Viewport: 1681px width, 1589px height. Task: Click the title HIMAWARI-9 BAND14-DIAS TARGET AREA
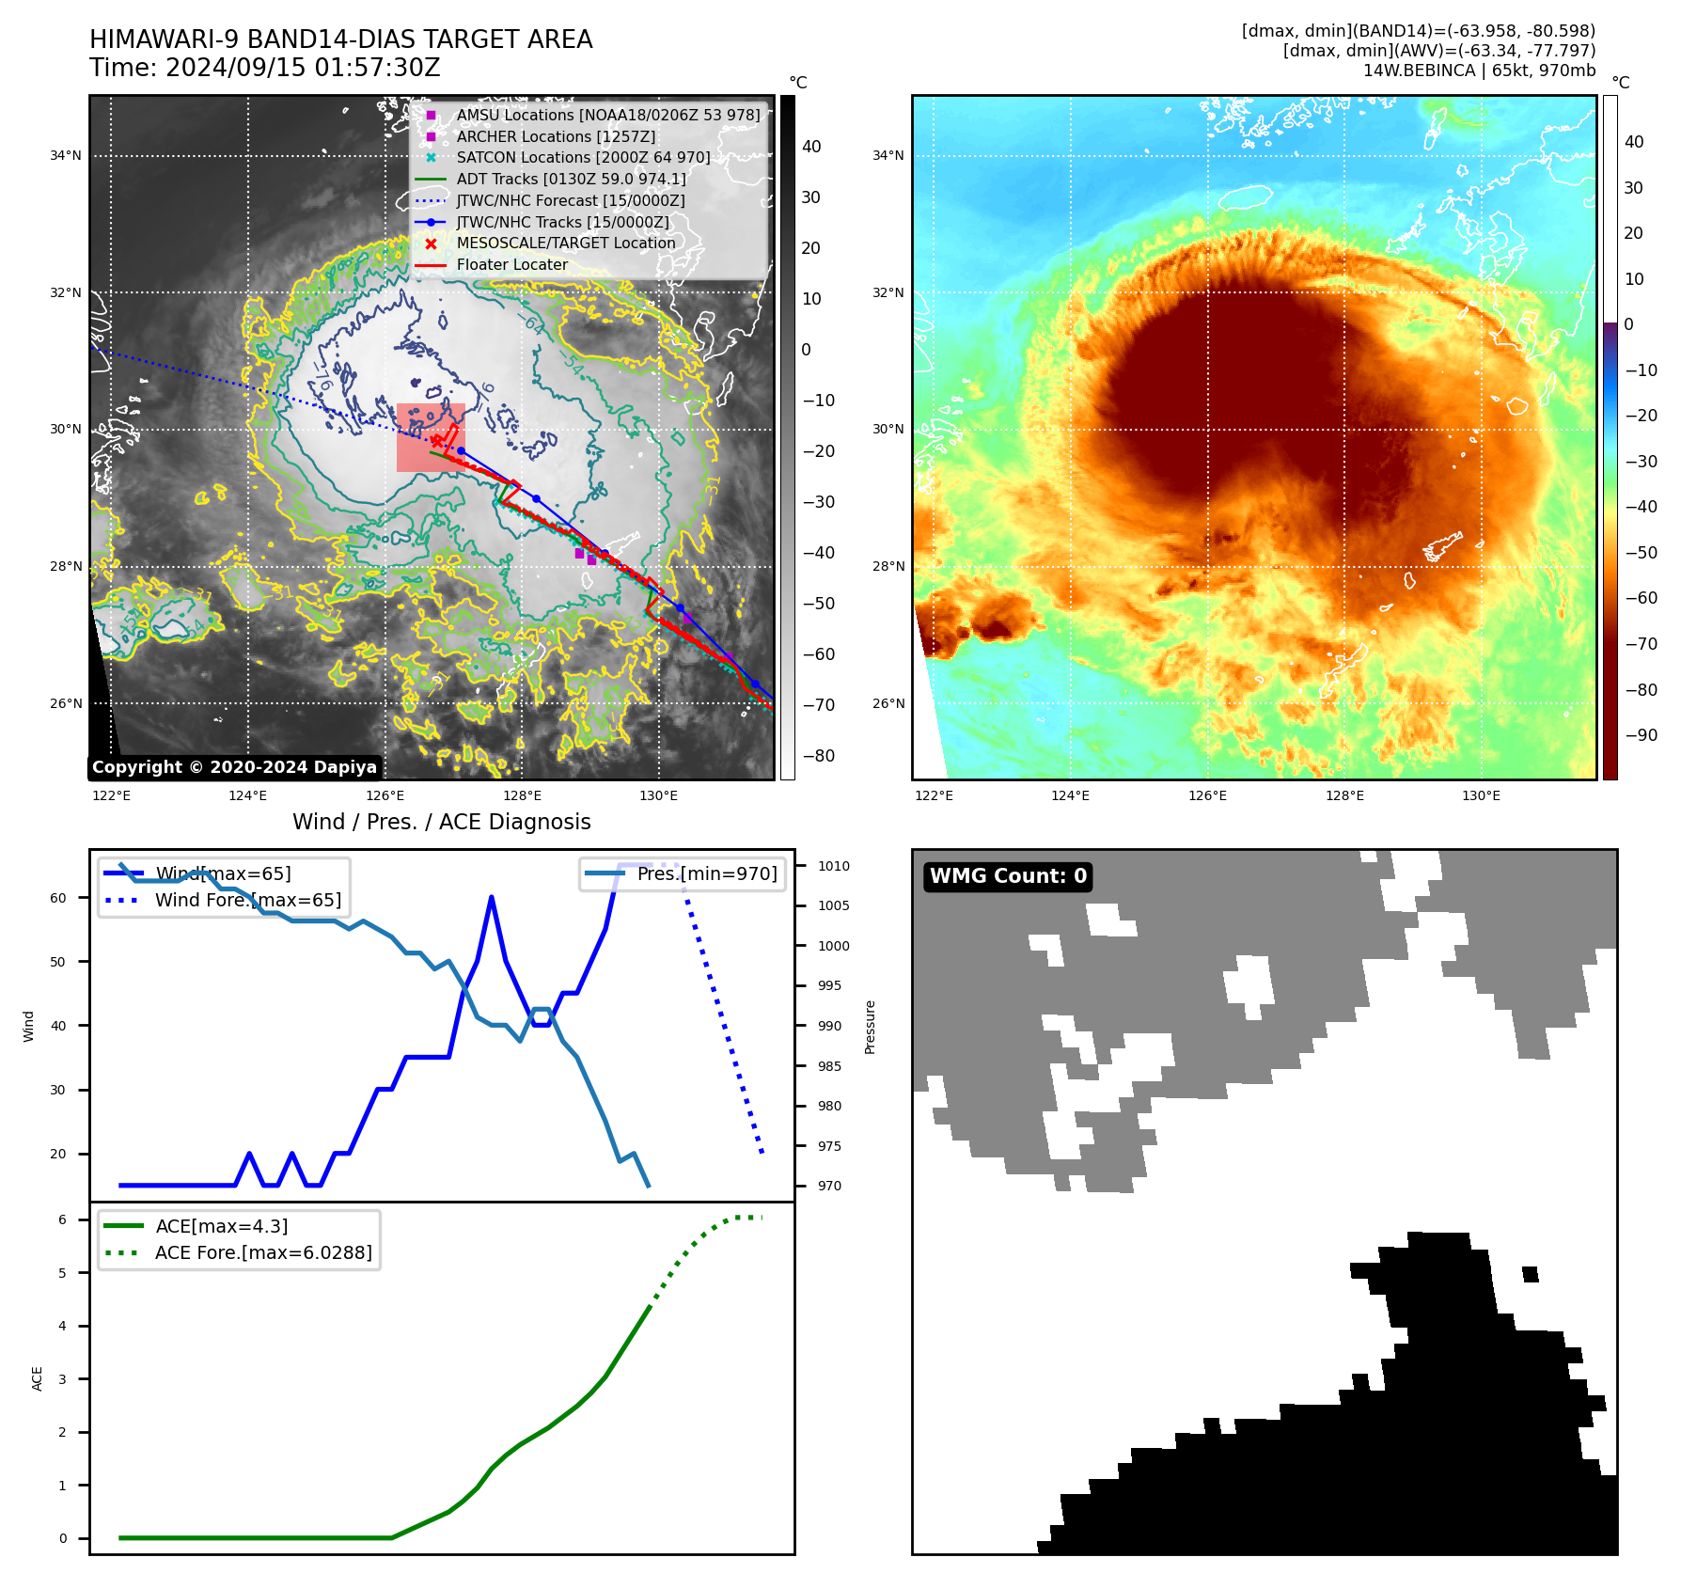coord(340,39)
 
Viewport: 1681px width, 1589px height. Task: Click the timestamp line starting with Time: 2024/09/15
coord(264,68)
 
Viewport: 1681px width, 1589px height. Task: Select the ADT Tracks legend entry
coord(571,179)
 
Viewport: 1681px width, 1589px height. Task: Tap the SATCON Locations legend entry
coord(583,157)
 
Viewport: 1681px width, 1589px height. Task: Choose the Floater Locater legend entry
coord(511,264)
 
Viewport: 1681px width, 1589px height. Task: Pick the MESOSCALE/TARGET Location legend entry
coord(566,243)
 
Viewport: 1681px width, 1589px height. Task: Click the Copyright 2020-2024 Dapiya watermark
coord(234,767)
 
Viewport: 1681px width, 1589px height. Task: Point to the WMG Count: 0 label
coord(1008,876)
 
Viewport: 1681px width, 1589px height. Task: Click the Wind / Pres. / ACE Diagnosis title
coord(441,822)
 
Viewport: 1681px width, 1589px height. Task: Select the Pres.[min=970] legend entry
coord(707,873)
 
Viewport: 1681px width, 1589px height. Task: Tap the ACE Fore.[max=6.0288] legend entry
coord(263,1252)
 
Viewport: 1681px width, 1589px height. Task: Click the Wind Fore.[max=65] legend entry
coord(248,900)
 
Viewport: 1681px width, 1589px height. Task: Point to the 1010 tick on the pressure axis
coord(833,866)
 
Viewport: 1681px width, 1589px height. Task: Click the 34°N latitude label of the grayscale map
coord(66,155)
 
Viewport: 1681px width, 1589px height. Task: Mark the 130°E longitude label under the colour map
coord(1481,795)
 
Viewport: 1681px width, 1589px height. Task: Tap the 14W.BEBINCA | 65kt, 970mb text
coord(1479,71)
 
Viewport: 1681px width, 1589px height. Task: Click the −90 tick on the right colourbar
coord(1641,735)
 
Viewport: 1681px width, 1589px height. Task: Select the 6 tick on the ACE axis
coord(63,1219)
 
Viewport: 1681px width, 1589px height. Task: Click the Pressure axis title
coord(870,1027)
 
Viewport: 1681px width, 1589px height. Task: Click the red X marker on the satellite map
coord(436,440)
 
